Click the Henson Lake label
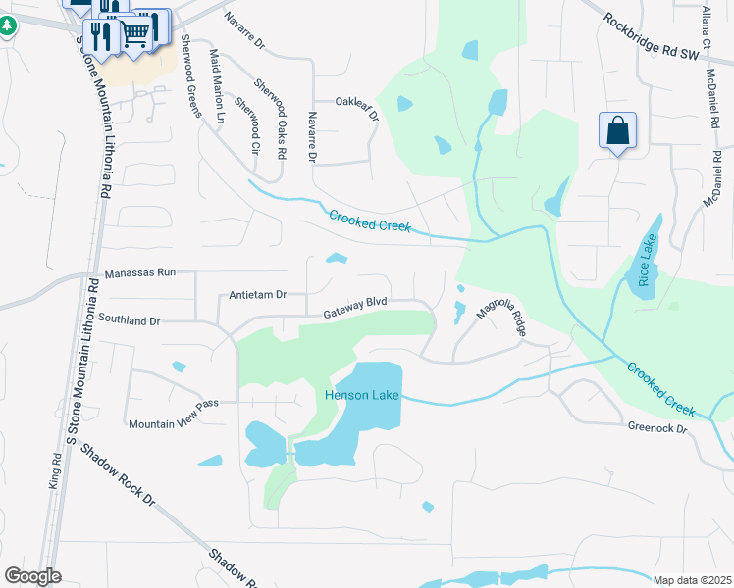tap(359, 395)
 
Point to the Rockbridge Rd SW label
tap(650, 36)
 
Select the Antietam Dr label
tap(256, 294)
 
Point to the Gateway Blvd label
tap(356, 308)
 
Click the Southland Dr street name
tap(129, 319)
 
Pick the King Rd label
tap(54, 470)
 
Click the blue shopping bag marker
tap(617, 130)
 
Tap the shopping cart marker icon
tap(135, 35)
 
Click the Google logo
tap(32, 576)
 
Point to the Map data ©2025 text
tap(691, 580)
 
